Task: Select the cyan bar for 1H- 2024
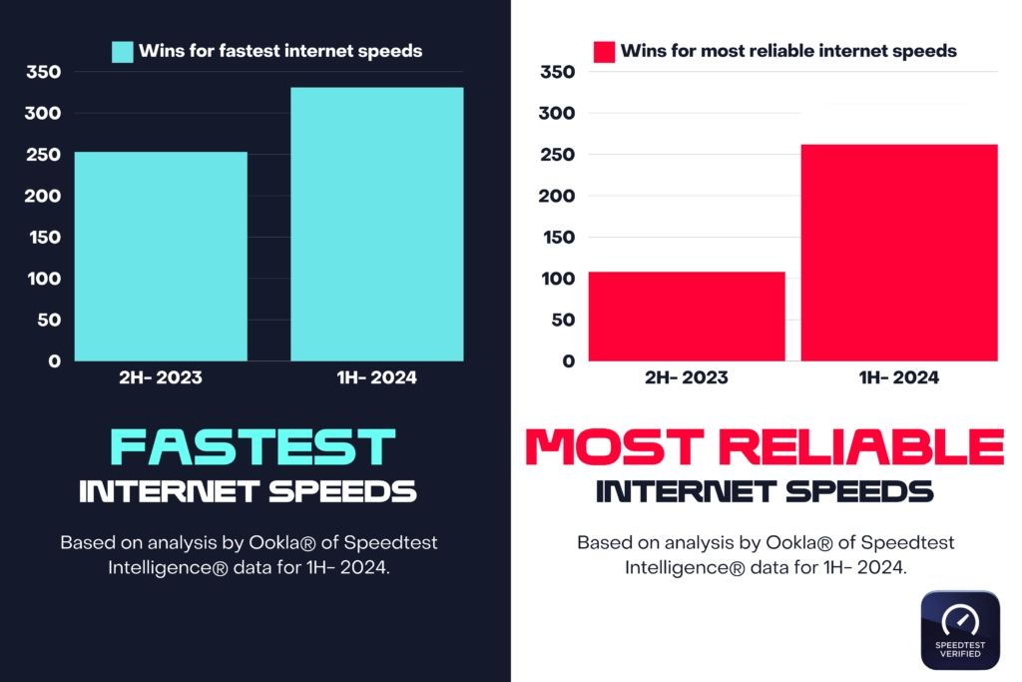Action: tap(376, 224)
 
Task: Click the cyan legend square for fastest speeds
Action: tap(122, 51)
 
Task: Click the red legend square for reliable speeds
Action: tap(604, 51)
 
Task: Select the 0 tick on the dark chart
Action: tap(55, 361)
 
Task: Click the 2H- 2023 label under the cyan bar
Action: tap(161, 378)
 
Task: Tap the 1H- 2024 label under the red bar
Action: tap(898, 378)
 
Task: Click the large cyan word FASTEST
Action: tap(253, 448)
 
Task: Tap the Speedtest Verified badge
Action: tap(960, 629)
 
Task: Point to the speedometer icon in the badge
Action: tap(960, 618)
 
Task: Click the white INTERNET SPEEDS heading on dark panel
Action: tap(248, 492)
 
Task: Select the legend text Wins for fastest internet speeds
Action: tap(280, 51)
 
